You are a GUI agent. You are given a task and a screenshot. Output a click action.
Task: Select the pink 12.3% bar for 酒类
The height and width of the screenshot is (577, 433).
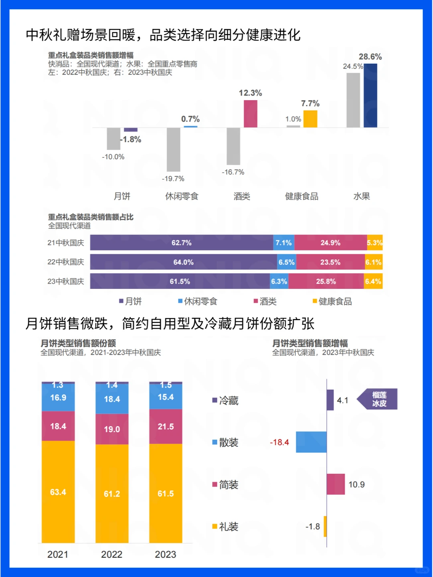[x=251, y=114]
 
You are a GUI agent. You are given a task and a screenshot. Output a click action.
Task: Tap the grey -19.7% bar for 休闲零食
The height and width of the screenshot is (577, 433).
[x=174, y=149]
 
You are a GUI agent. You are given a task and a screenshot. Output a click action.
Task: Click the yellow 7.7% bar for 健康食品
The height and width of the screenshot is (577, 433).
[x=310, y=119]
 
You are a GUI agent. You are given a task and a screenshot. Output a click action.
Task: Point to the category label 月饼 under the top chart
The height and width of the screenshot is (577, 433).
[x=122, y=196]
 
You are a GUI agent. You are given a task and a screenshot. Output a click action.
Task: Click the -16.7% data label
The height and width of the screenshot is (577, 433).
[x=233, y=172]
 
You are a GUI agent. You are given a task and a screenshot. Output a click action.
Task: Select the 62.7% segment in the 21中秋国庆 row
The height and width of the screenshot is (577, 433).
[x=182, y=243]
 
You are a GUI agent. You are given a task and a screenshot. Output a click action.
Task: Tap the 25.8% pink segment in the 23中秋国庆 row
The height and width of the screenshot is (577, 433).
[x=326, y=281]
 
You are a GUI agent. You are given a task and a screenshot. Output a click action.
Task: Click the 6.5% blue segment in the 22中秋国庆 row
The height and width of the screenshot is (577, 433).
[x=286, y=262]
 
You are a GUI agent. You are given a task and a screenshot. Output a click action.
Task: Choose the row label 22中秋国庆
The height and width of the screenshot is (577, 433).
[x=66, y=262]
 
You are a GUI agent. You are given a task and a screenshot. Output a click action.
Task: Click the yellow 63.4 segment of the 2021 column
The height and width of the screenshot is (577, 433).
[x=58, y=492]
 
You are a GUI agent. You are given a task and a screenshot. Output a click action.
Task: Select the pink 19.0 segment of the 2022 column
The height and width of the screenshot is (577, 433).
[x=112, y=429]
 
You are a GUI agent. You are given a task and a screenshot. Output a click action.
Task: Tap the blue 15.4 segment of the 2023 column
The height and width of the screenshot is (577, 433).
[x=166, y=397]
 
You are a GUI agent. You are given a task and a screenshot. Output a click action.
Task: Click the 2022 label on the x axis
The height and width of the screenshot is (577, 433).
[x=111, y=555]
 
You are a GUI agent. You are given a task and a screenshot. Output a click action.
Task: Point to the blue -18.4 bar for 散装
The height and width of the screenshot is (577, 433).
[x=311, y=442]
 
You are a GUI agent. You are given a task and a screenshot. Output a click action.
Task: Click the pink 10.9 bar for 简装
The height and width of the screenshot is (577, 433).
[x=336, y=484]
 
